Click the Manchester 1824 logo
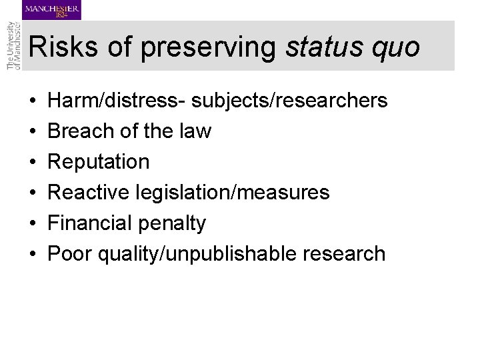[x=51, y=10]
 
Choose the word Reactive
[x=91, y=193]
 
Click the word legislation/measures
[x=234, y=193]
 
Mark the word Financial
[x=92, y=223]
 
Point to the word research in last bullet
[x=350, y=254]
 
